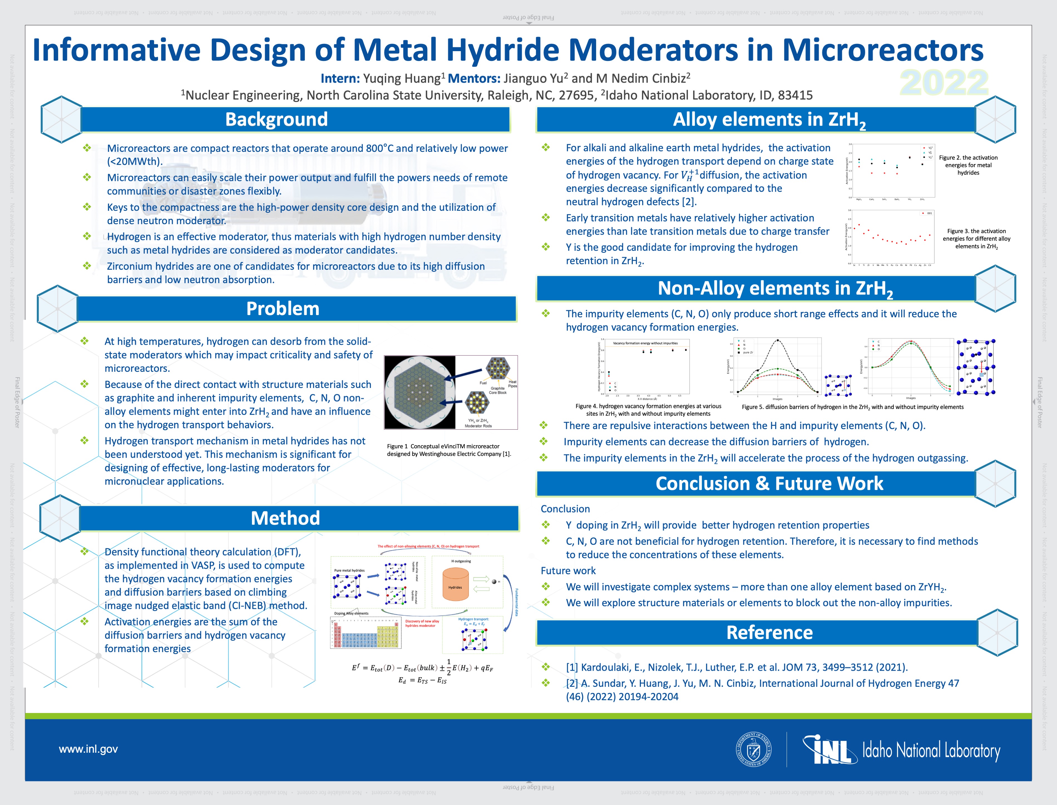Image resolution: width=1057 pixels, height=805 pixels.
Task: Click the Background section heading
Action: pyautogui.click(x=276, y=119)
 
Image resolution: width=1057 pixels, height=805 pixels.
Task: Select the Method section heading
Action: pyautogui.click(x=285, y=518)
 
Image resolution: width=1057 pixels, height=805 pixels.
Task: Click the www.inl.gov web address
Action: pyautogui.click(x=88, y=749)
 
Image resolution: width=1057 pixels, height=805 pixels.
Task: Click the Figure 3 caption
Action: pyautogui.click(x=976, y=239)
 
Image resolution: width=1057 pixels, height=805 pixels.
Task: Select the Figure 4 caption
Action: pyautogui.click(x=648, y=410)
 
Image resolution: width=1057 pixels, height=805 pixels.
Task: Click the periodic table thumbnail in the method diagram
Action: pyautogui.click(x=365, y=633)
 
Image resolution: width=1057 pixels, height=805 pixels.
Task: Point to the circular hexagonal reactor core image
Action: pyautogui.click(x=420, y=392)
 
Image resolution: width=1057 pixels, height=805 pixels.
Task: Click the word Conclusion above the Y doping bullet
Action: pyautogui.click(x=565, y=509)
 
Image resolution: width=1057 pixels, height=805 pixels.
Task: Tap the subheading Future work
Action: pyautogui.click(x=568, y=571)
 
